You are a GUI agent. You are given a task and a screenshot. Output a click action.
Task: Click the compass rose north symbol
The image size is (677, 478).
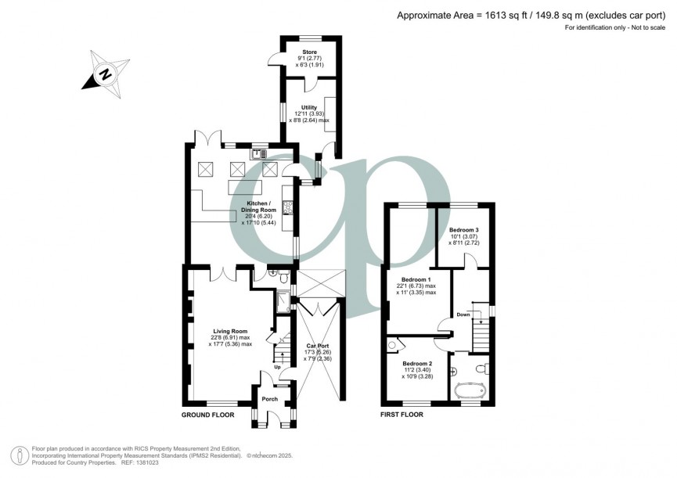[x=103, y=74]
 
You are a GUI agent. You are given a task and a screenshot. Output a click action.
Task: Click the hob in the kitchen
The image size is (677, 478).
[x=287, y=207]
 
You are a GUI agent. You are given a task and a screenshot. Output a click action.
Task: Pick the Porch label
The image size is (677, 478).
[x=270, y=400]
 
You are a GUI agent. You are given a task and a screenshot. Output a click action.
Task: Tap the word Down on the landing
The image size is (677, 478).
[x=463, y=314]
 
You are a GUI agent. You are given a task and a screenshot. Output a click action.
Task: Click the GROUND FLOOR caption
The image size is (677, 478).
[x=208, y=415]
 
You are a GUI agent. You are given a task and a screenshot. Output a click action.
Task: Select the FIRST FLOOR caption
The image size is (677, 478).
[x=402, y=415]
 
